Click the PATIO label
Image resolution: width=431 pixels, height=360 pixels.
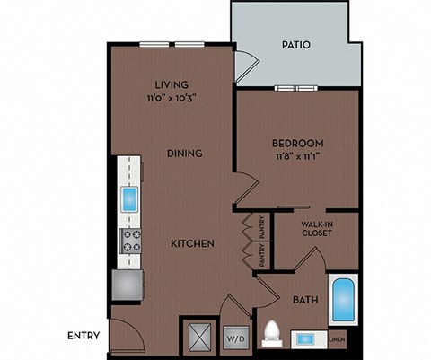coord(296,44)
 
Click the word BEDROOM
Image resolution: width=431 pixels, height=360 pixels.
coord(297,143)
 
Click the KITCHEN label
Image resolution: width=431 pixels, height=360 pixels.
coord(192,243)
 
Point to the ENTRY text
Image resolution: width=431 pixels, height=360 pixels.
coord(84,337)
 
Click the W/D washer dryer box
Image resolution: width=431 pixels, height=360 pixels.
coord(234,339)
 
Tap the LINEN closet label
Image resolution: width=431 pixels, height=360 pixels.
coord(338,339)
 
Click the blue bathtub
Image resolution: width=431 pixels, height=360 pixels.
coord(343,301)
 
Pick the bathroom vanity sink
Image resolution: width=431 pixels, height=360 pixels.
coord(306,339)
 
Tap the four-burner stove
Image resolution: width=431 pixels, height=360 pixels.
coord(130,240)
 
